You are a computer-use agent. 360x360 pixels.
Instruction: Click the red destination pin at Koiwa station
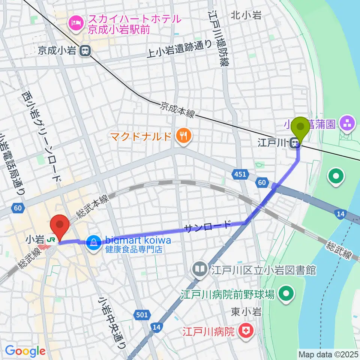coord(60,225)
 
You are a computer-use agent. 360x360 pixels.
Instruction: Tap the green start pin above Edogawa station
coord(301,127)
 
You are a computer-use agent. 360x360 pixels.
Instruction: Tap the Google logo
coord(25,351)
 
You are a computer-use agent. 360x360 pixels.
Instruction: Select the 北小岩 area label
coord(246,15)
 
